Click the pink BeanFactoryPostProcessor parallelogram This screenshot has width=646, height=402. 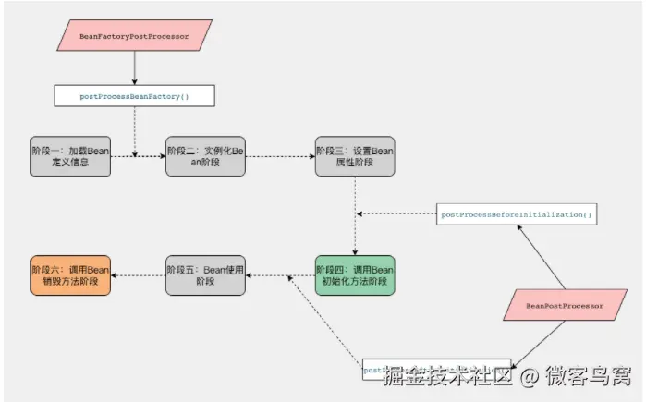tap(135, 37)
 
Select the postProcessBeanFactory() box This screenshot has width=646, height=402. tap(135, 95)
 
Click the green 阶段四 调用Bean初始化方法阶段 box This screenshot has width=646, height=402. tap(355, 275)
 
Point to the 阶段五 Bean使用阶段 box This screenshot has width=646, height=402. tap(205, 275)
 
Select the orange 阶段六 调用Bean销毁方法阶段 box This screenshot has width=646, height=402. tap(70, 275)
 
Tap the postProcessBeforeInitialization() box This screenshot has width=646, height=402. tap(517, 214)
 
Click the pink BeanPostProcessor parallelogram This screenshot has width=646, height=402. tap(564, 304)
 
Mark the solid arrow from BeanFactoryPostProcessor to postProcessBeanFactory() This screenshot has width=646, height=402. tap(135, 67)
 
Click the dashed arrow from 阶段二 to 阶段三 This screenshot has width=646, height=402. tap(280, 156)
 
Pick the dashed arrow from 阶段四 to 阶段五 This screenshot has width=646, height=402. tap(280, 275)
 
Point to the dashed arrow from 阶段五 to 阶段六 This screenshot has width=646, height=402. tap(139, 275)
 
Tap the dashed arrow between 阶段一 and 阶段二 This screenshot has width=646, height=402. tap(139, 156)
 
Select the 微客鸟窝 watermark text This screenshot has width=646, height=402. tap(587, 377)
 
